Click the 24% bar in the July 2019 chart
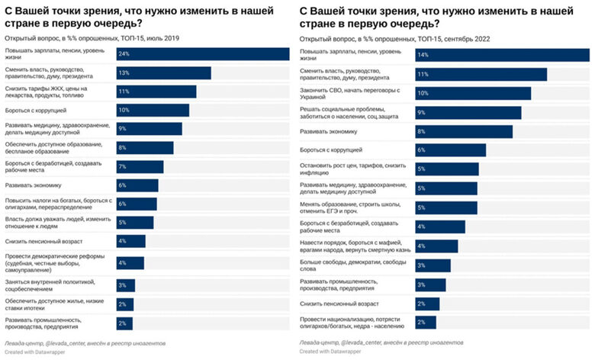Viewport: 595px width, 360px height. pos(202,54)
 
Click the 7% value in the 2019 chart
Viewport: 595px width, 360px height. pos(122,166)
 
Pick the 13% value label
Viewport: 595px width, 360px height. pos(122,72)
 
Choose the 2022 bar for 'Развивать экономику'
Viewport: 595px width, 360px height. pos(464,131)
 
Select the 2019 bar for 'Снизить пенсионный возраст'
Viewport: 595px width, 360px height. pos(130,241)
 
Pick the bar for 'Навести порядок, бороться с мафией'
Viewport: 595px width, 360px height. pos(436,246)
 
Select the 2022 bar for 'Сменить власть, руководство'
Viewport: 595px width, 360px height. pos(481,74)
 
